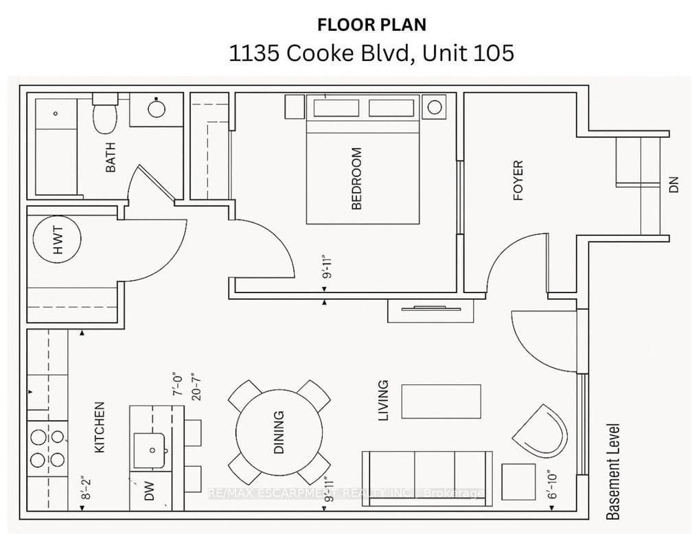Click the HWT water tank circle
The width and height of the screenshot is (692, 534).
pos(57,239)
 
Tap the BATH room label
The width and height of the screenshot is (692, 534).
pos(110,157)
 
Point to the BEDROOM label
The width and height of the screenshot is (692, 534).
pos(356,178)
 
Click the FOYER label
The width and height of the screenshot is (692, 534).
pos(518,181)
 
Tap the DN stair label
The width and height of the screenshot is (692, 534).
pos(673,184)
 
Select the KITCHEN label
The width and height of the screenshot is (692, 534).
pos(100,427)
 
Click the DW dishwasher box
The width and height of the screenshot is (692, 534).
pos(149,491)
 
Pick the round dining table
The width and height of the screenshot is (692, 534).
pos(279,432)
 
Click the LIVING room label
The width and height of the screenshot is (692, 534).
pos(383,400)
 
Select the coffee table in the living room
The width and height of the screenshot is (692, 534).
pos(441,402)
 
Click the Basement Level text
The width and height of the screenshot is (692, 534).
pos(613,471)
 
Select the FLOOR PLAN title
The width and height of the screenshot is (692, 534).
pos(371,25)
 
